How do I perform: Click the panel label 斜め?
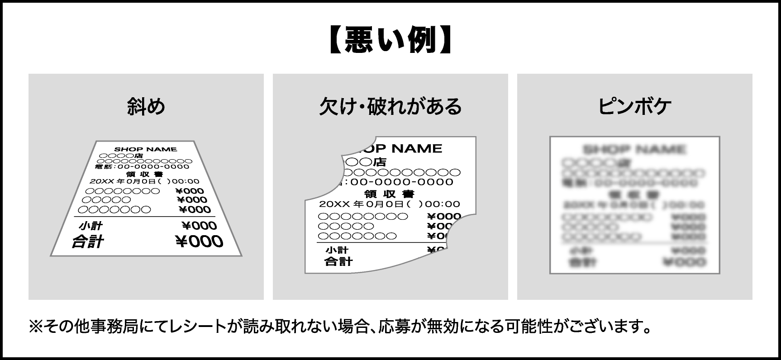pyautogui.click(x=146, y=107)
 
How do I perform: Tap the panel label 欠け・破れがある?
pyautogui.click(x=390, y=107)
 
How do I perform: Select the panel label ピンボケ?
pyautogui.click(x=634, y=107)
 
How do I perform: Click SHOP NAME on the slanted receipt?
pyautogui.click(x=145, y=149)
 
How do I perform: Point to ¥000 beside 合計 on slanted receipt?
pyautogui.click(x=199, y=242)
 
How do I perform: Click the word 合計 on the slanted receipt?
pyautogui.click(x=87, y=242)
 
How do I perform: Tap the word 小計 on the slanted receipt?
pyautogui.click(x=90, y=226)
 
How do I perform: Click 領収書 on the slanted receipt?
pyautogui.click(x=145, y=174)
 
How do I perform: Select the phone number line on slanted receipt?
pyautogui.click(x=142, y=166)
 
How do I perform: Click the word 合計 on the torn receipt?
pyautogui.click(x=338, y=261)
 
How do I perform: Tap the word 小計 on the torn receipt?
pyautogui.click(x=337, y=250)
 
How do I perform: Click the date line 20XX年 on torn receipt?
pyautogui.click(x=389, y=204)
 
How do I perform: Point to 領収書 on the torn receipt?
pyautogui.click(x=389, y=194)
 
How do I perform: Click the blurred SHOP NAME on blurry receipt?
pyautogui.click(x=634, y=149)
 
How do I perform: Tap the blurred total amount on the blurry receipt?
pyautogui.click(x=683, y=262)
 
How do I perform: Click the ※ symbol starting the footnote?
pyautogui.click(x=35, y=326)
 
